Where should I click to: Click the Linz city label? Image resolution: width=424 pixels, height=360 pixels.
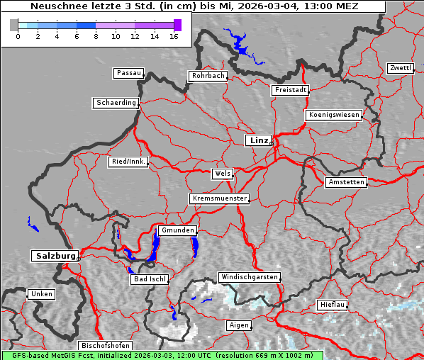(258, 140)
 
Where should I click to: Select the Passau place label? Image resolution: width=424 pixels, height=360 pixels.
(128, 73)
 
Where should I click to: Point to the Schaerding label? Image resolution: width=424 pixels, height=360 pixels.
(116, 103)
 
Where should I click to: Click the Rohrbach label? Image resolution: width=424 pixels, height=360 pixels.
(207, 76)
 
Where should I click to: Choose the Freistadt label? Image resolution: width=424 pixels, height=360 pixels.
(290, 90)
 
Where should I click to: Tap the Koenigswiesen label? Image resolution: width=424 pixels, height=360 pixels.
(334, 115)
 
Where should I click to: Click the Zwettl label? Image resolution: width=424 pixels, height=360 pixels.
(400, 68)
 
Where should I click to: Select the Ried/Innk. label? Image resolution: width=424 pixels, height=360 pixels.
(128, 162)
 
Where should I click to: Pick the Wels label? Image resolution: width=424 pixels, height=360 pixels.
(222, 174)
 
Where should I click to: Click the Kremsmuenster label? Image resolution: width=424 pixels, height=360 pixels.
(220, 198)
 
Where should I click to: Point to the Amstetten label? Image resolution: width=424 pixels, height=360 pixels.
(346, 182)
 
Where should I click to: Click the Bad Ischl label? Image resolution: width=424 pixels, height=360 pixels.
(150, 279)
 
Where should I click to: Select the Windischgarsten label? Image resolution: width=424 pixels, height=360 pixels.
(249, 277)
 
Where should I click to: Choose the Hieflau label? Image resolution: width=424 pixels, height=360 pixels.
(333, 304)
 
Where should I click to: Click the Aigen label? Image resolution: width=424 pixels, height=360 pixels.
(238, 325)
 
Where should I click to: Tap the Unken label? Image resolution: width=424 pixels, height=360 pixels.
(40, 294)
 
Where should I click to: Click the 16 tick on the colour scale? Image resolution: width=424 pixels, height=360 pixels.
(174, 35)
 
